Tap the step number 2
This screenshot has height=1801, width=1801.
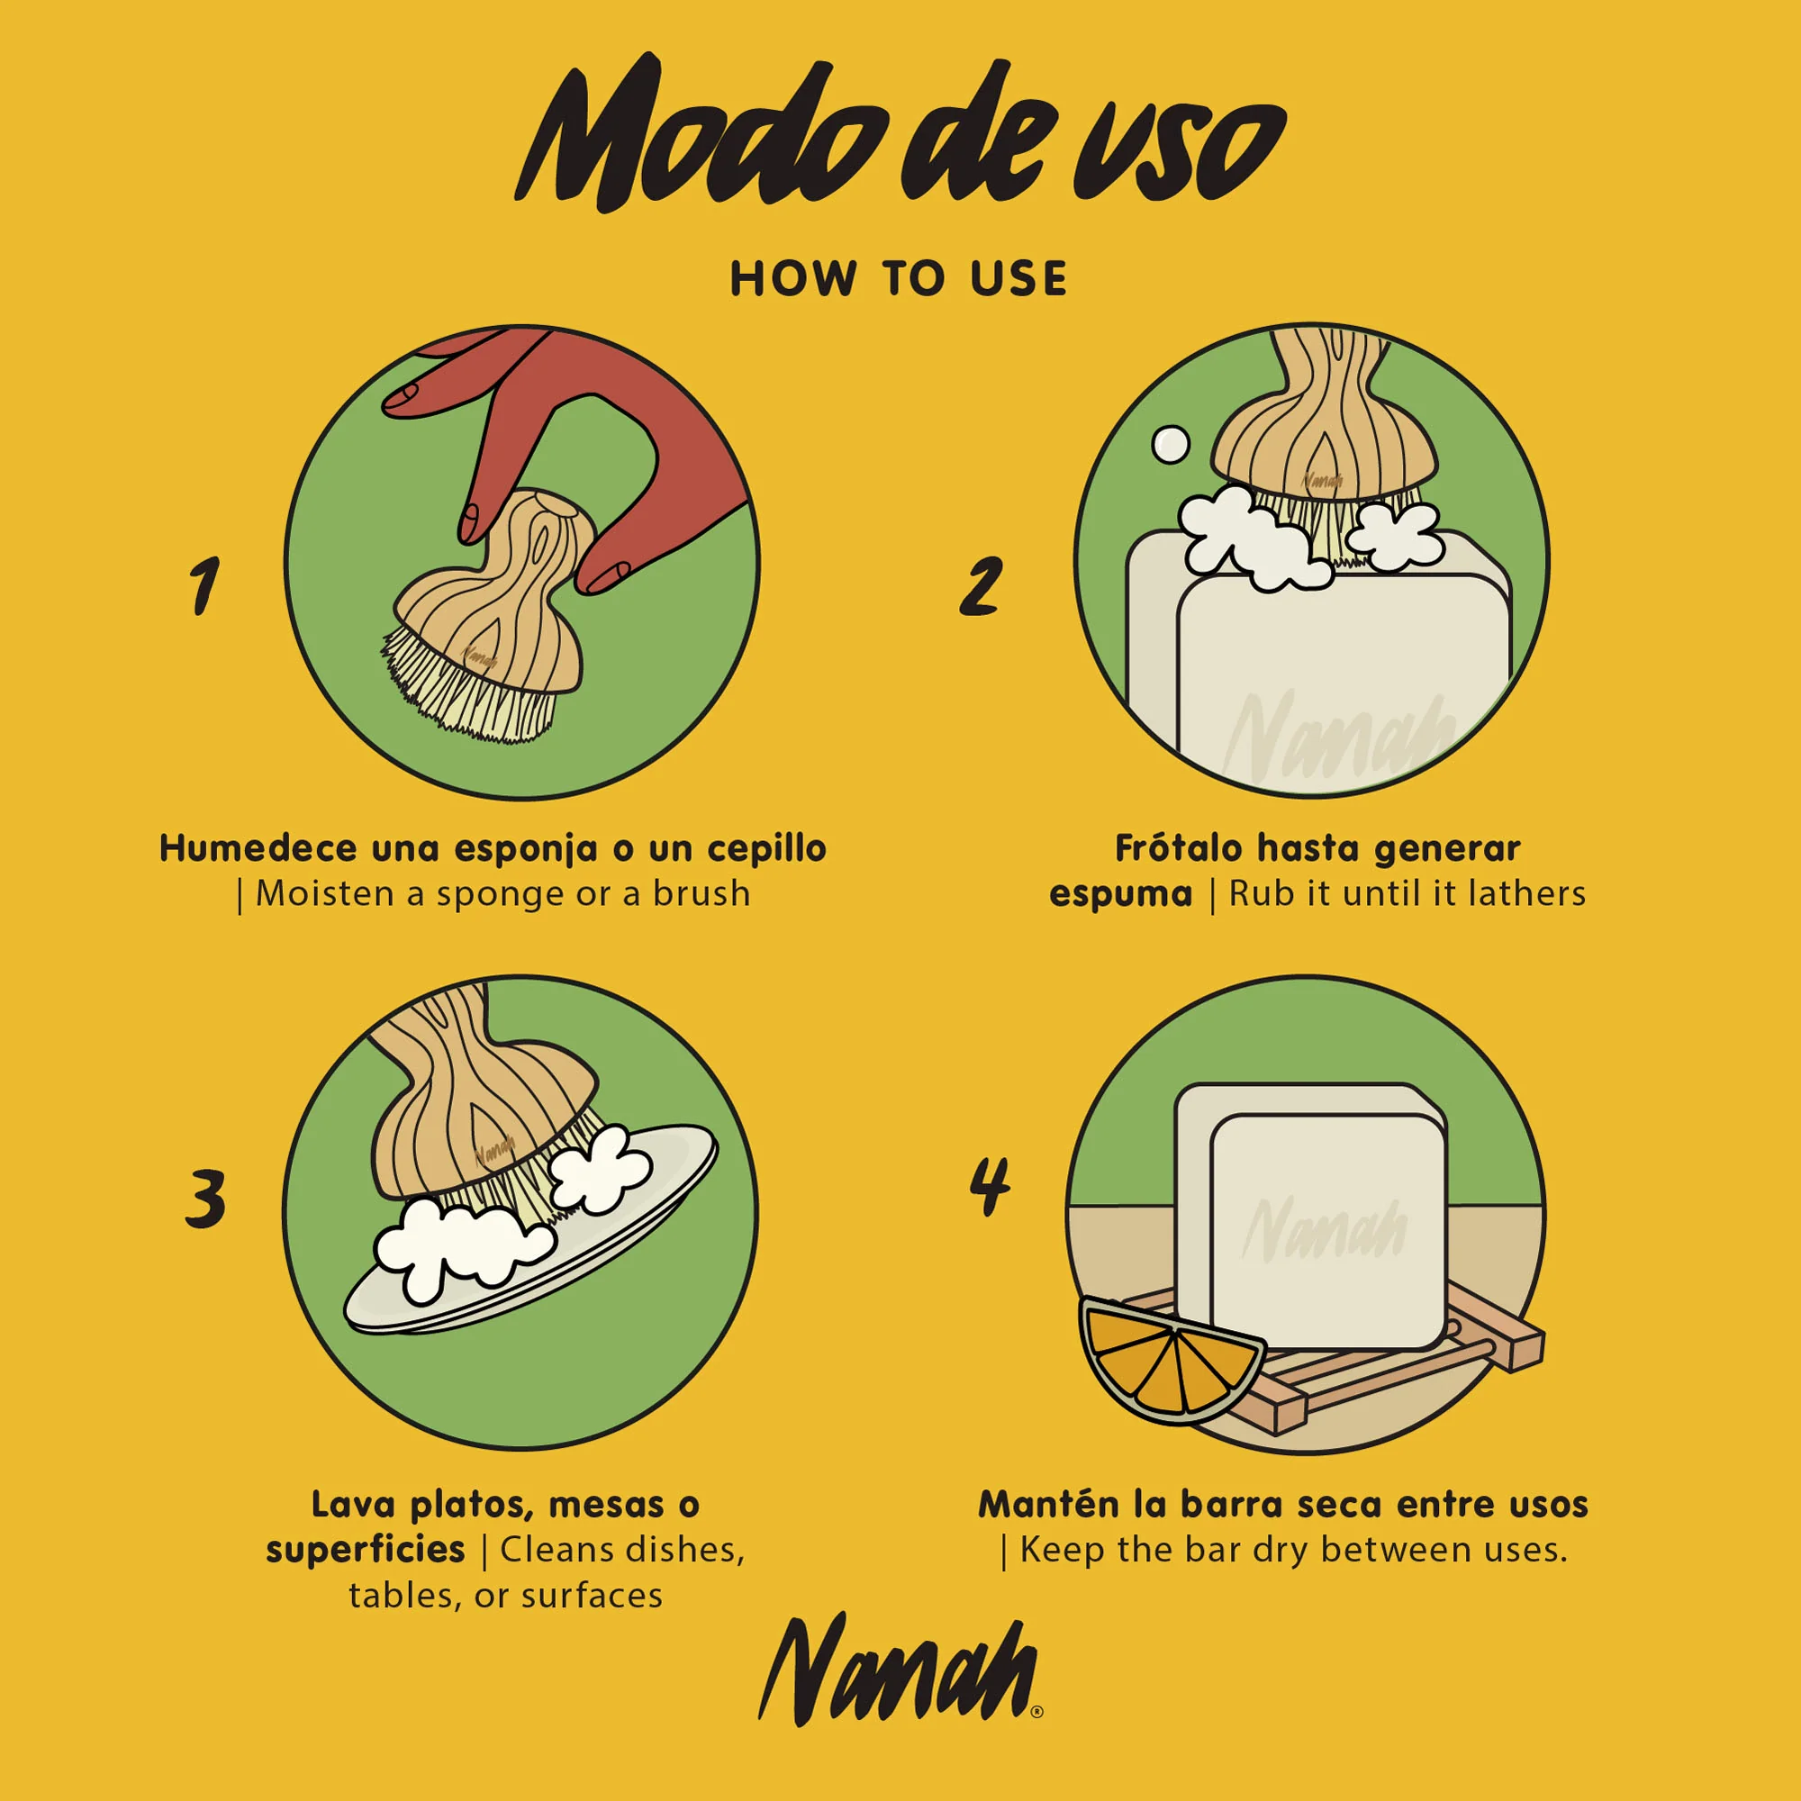tap(981, 585)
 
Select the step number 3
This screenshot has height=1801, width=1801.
tap(205, 1199)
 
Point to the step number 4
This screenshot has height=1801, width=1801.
tap(989, 1186)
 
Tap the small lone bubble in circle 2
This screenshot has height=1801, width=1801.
tap(1170, 444)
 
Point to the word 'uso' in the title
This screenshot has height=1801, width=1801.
tap(1180, 149)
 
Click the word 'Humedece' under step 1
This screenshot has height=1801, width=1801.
tap(258, 848)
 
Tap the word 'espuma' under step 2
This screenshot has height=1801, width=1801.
tap(1120, 894)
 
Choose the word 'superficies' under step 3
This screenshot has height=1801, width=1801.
tap(366, 1549)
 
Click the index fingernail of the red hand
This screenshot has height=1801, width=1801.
tap(403, 395)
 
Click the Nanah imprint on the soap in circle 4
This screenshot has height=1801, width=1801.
tap(1324, 1228)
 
